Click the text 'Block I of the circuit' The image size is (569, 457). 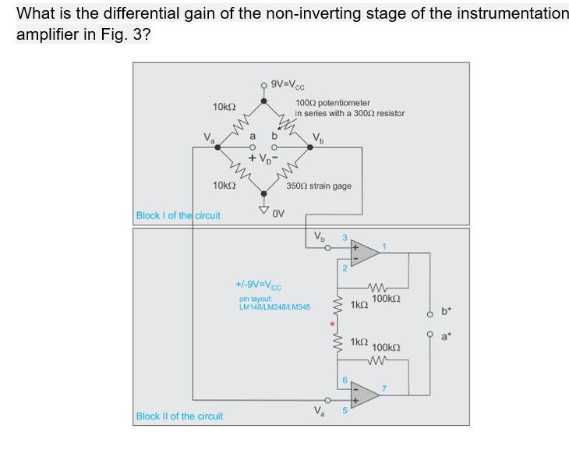click(x=178, y=215)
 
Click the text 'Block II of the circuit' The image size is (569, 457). click(x=179, y=416)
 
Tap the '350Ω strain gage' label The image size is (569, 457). click(x=319, y=186)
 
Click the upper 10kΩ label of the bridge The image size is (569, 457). click(x=224, y=106)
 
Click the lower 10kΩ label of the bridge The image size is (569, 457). click(x=224, y=185)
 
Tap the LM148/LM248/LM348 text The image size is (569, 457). click(x=274, y=306)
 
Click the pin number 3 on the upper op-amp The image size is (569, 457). click(x=343, y=237)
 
